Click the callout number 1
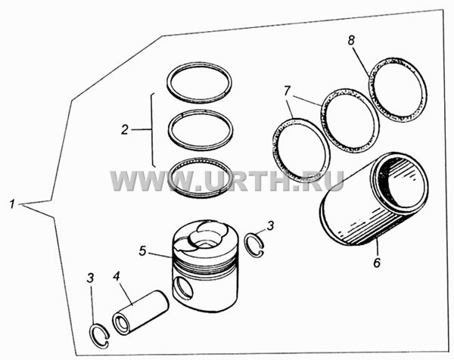point(12,204)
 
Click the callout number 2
point(125,130)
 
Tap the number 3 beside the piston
point(270,225)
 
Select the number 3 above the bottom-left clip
point(90,278)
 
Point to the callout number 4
point(116,276)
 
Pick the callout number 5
point(142,251)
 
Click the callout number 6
point(377,262)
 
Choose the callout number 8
point(351,40)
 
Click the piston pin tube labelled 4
point(141,312)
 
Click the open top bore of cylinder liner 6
point(400,183)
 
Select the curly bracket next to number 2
point(152,130)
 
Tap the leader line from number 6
point(376,247)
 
